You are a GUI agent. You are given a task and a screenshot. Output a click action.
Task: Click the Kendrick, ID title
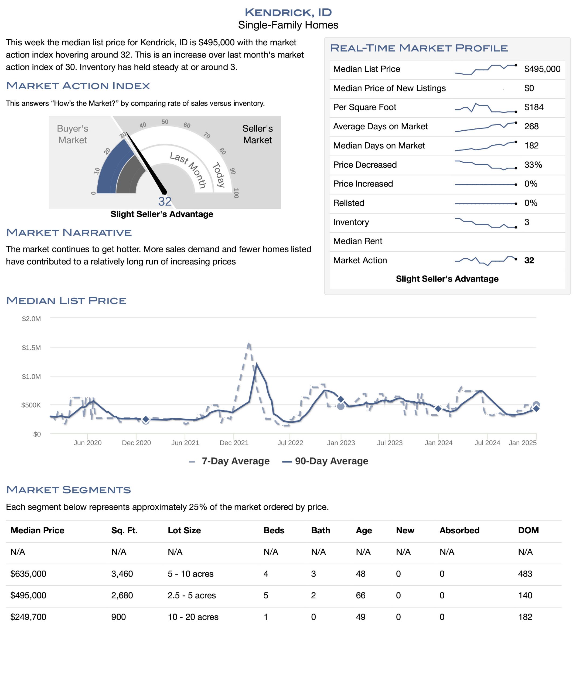[x=288, y=12]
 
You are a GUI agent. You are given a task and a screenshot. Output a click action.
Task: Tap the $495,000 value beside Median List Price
[x=542, y=69]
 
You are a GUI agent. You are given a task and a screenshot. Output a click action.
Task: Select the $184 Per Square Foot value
[x=534, y=107]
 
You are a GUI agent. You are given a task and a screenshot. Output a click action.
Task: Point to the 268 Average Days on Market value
[x=531, y=126]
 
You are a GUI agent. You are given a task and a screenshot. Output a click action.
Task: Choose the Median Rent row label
[x=357, y=241]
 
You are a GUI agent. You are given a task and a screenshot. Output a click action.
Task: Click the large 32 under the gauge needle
[x=165, y=201]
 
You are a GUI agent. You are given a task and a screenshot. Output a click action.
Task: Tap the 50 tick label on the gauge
[x=165, y=122]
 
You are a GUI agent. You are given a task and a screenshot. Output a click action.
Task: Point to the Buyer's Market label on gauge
[x=72, y=134]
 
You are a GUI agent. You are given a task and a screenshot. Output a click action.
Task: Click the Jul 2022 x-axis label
[x=290, y=443]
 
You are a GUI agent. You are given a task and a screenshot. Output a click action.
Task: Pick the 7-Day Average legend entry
[x=229, y=461]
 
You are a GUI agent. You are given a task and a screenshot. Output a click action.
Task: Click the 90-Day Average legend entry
[x=325, y=461]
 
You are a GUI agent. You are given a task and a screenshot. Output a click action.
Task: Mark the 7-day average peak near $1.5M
[x=249, y=342]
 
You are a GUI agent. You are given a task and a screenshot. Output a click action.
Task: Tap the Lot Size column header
[x=184, y=530]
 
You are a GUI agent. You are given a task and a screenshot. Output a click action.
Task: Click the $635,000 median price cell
[x=28, y=574]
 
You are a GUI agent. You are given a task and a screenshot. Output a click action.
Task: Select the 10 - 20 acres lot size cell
[x=193, y=617]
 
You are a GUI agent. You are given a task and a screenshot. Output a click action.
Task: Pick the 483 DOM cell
[x=525, y=574]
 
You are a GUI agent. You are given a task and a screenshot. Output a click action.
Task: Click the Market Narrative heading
[x=69, y=233]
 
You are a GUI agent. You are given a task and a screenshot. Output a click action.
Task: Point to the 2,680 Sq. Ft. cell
[x=122, y=595]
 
